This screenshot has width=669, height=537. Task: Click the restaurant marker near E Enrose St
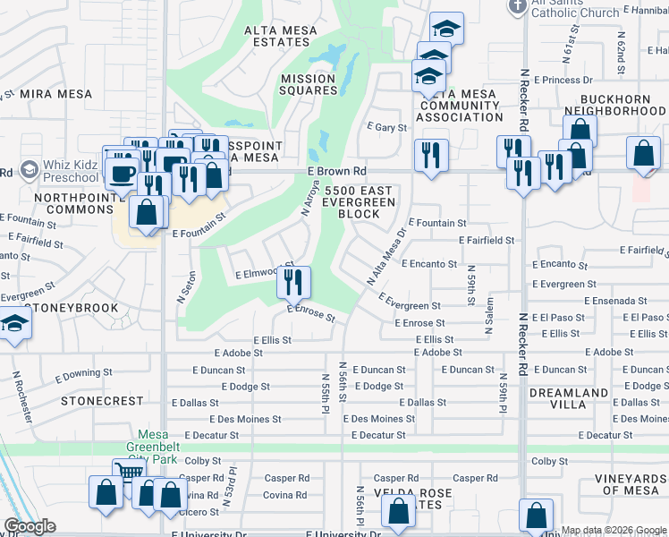[x=292, y=283]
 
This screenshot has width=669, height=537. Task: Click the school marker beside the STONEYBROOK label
[x=13, y=326]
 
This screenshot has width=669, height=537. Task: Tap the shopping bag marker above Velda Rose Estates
[x=399, y=511]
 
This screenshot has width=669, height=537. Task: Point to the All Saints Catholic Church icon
[x=517, y=6]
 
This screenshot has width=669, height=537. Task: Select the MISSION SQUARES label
[x=309, y=84]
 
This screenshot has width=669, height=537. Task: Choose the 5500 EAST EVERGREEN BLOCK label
[x=360, y=203]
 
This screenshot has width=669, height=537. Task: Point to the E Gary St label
[x=386, y=128]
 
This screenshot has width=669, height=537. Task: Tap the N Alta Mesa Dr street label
[x=386, y=257]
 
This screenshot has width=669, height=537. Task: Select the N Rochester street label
[x=17, y=397]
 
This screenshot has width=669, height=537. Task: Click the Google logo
[x=30, y=527]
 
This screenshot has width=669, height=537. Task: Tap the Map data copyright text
[x=613, y=530]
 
